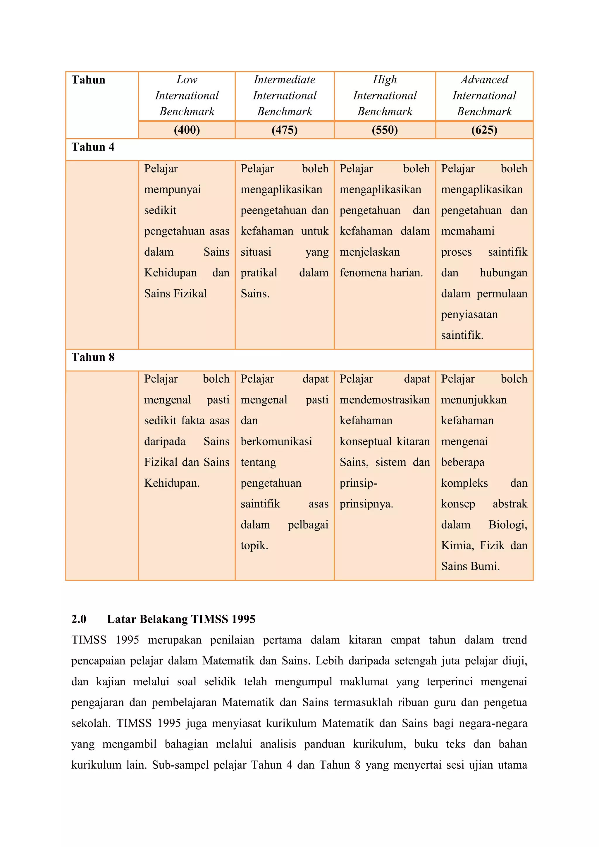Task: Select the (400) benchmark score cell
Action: click(187, 130)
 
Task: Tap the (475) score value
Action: click(284, 130)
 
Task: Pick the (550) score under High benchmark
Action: click(385, 130)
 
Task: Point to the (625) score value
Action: click(484, 130)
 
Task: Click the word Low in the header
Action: click(187, 80)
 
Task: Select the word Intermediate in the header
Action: click(284, 80)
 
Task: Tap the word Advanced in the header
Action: click(484, 80)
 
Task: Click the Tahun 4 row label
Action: click(93, 147)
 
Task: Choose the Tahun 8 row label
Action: click(93, 357)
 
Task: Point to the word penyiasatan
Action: click(469, 314)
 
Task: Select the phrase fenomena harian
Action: click(381, 273)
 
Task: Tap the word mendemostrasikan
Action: click(384, 400)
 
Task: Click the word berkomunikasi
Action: click(276, 441)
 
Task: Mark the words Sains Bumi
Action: click(470, 566)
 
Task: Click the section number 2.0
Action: click(79, 619)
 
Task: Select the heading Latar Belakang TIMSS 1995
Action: click(181, 619)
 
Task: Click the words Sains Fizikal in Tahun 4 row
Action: click(175, 294)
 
